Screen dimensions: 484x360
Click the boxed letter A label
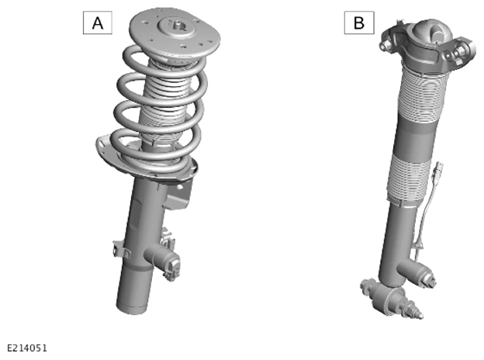[x=98, y=22]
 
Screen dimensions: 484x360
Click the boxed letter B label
[x=359, y=22]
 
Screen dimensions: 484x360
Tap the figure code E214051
[x=27, y=348]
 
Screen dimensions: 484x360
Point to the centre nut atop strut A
[x=178, y=25]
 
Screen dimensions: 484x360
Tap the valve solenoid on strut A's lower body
[x=164, y=258]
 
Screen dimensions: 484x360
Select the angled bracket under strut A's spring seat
[x=178, y=195]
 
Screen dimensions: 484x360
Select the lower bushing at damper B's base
[x=386, y=297]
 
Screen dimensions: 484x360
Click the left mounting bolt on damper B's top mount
[x=385, y=47]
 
